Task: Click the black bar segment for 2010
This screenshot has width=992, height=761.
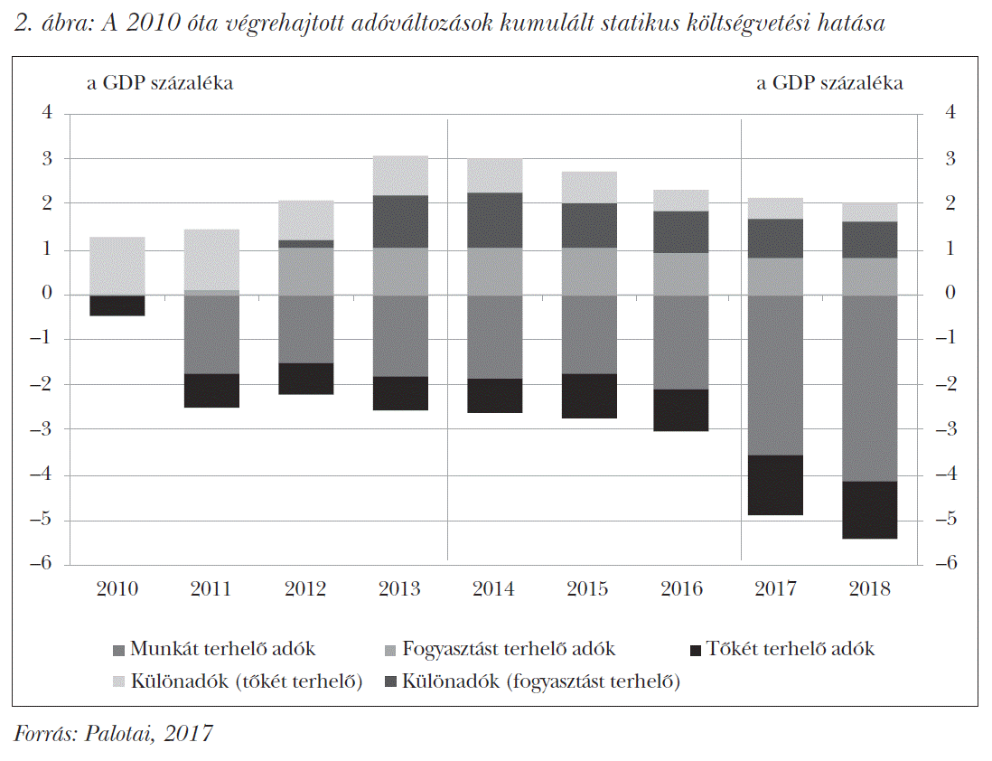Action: click(x=117, y=305)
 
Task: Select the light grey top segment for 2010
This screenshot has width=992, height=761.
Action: click(x=117, y=266)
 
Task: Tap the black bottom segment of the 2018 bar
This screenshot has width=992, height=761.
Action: click(x=869, y=510)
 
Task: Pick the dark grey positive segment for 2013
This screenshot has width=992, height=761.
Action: click(x=399, y=221)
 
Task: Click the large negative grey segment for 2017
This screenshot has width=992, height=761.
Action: click(x=775, y=375)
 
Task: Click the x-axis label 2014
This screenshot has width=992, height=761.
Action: click(x=493, y=589)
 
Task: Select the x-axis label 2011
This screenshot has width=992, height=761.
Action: click(x=211, y=589)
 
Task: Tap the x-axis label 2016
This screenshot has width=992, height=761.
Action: click(x=681, y=589)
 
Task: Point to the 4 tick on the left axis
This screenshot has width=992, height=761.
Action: click(x=47, y=113)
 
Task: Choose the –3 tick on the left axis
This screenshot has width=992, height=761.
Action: click(x=43, y=429)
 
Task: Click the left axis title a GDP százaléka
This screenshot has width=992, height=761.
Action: click(x=160, y=83)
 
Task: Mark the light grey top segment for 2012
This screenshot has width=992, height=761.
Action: click(x=305, y=220)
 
